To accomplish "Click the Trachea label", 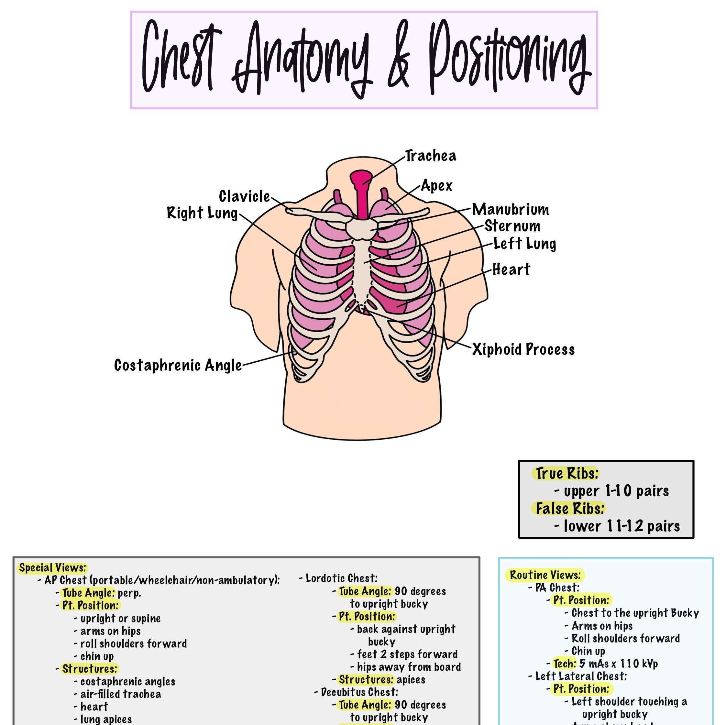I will [431, 156].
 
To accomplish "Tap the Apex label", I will [437, 186].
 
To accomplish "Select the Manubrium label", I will [510, 209].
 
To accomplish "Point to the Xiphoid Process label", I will [523, 349].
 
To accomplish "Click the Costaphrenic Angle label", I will [178, 365].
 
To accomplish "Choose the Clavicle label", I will [244, 196].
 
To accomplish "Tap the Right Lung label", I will [202, 213].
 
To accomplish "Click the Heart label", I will [511, 269].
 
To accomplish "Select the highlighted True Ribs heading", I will [566, 474].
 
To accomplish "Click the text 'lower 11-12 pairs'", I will [621, 526].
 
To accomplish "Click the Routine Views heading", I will [545, 575].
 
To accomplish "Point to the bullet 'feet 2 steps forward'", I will [407, 654].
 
